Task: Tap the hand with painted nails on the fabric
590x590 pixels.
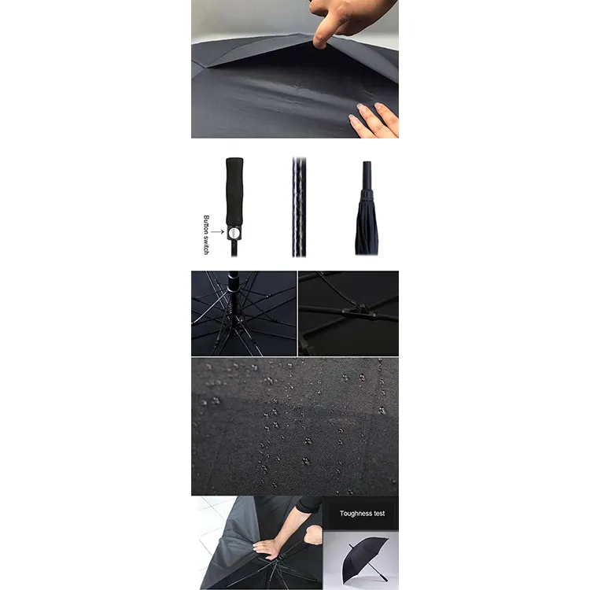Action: pyautogui.click(x=375, y=120)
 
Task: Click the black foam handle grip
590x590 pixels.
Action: pyautogui.click(x=234, y=191)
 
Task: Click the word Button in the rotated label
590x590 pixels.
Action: pyautogui.click(x=206, y=225)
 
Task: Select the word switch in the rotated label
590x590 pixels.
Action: pyautogui.click(x=206, y=245)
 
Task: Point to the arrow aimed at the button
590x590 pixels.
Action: pyautogui.click(x=217, y=232)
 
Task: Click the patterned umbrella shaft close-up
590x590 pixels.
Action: pyautogui.click(x=299, y=207)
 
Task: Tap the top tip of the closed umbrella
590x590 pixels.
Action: pyautogui.click(x=367, y=163)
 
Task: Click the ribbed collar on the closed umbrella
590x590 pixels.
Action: pyautogui.click(x=367, y=194)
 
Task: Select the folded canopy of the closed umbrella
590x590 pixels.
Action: pyautogui.click(x=367, y=227)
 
